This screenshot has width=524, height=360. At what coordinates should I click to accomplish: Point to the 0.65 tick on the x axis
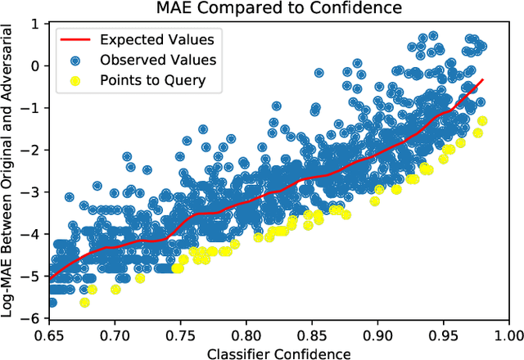click(x=48, y=335)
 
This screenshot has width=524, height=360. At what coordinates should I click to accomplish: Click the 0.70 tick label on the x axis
click(x=114, y=335)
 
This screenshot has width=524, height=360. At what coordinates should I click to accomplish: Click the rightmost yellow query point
click(x=482, y=121)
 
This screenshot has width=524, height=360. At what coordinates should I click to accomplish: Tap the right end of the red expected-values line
click(x=483, y=79)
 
